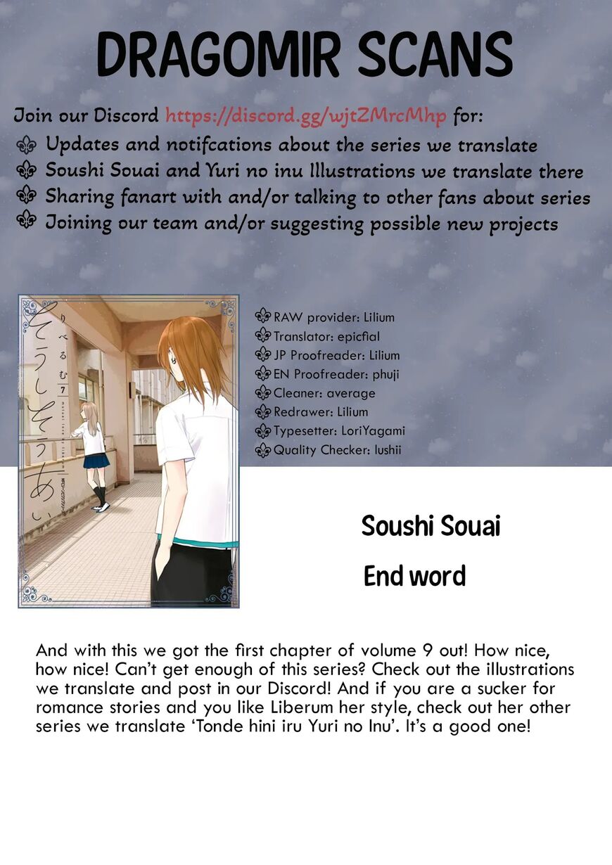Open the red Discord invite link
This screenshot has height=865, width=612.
point(306,115)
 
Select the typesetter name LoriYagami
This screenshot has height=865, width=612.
point(369,430)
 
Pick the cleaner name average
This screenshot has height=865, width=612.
point(351,393)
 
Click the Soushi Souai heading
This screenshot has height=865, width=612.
point(431,526)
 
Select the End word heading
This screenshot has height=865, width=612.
point(414,577)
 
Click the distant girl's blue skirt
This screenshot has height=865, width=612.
point(96,460)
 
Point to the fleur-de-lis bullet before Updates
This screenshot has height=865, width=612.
point(27,145)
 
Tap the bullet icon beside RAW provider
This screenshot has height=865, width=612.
point(263,317)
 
